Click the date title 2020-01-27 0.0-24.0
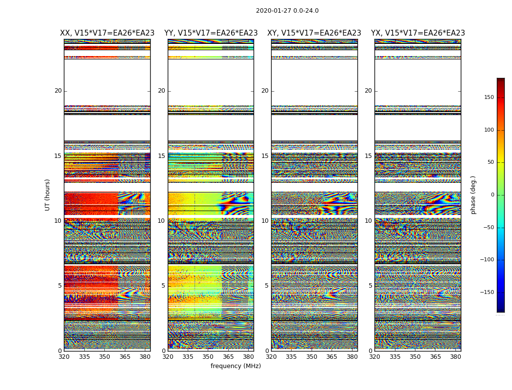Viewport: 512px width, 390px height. (x=287, y=11)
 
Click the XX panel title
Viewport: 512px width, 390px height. (x=107, y=33)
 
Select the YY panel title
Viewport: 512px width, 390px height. (x=211, y=33)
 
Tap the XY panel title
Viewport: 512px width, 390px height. (x=314, y=33)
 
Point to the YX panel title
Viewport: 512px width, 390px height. (x=418, y=33)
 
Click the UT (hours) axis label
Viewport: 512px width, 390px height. (x=47, y=195)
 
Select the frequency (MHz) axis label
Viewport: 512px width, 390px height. (x=236, y=366)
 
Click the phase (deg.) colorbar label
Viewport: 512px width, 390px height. (x=473, y=195)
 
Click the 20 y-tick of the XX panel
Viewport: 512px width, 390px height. (x=58, y=91)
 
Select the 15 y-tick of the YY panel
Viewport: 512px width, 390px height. (x=161, y=156)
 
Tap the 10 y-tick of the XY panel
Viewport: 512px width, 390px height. (x=265, y=221)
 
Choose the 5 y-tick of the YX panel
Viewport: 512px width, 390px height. (x=370, y=286)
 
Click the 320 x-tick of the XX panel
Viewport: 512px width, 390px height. (x=64, y=356)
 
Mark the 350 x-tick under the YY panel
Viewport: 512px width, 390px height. (x=208, y=356)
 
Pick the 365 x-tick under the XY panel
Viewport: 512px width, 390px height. (x=332, y=356)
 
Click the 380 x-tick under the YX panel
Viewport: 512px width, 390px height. (x=455, y=356)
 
